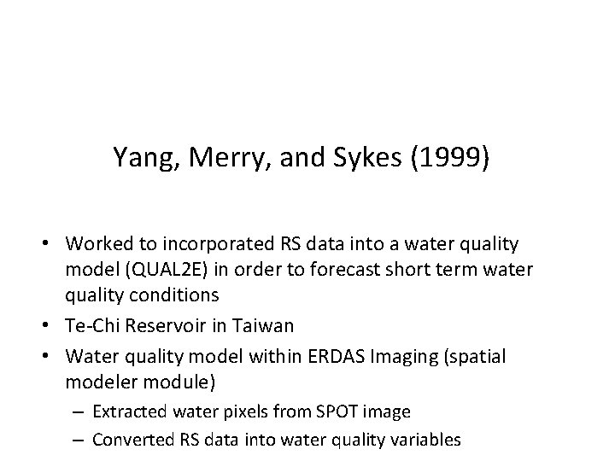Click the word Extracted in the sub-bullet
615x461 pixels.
point(128,411)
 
